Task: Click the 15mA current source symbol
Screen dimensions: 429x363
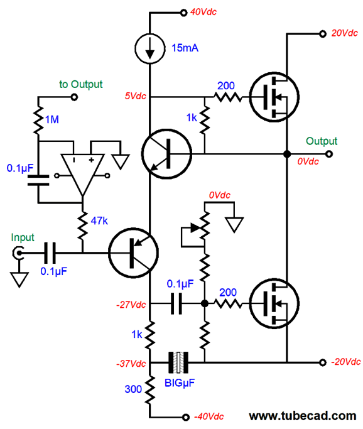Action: coord(149,48)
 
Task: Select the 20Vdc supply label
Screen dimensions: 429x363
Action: coord(344,33)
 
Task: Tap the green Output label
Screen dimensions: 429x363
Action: coord(322,141)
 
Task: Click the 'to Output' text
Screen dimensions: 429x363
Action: coord(81,84)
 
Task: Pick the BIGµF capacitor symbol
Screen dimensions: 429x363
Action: coord(181,362)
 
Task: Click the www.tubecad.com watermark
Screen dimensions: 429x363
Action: coord(302,416)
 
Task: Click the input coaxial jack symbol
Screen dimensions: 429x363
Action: coord(20,253)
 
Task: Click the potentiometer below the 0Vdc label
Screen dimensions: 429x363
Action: coord(205,234)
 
